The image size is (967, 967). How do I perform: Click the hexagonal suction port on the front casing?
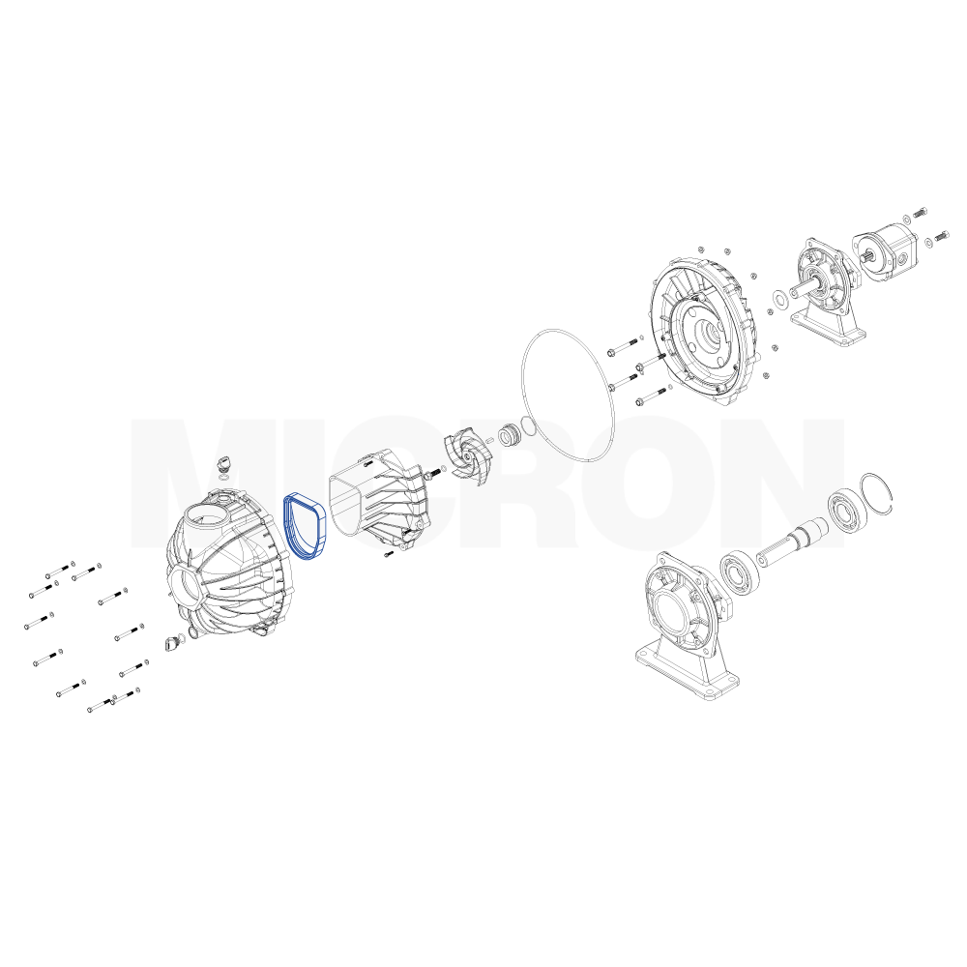[x=188, y=588]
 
